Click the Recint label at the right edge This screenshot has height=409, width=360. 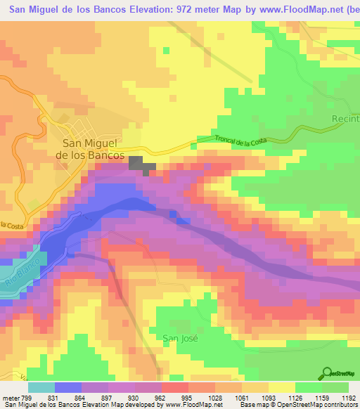[x=345, y=119]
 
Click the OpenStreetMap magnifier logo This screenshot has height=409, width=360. [x=328, y=373]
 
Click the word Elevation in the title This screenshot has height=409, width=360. [x=150, y=8]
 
